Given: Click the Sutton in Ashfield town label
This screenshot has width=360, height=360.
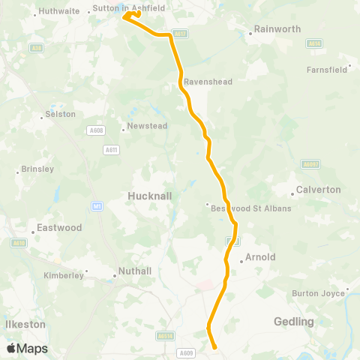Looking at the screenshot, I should pyautogui.click(x=127, y=9).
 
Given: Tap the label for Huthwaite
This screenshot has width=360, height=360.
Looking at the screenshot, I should pyautogui.click(x=61, y=11).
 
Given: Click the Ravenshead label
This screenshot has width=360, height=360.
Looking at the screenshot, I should pyautogui.click(x=208, y=82).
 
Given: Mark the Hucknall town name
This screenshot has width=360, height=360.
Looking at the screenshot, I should pyautogui.click(x=150, y=195).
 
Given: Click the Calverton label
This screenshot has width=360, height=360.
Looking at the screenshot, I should pyautogui.click(x=319, y=190).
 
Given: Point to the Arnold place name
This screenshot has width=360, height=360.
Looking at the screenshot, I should pyautogui.click(x=261, y=257).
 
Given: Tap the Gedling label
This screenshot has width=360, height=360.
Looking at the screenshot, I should pyautogui.click(x=295, y=322).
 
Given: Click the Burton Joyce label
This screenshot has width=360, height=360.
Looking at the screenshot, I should pyautogui.click(x=318, y=293).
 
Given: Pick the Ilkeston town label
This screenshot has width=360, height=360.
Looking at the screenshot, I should pyautogui.click(x=25, y=325).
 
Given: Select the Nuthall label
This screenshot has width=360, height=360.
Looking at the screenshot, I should pyautogui.click(x=135, y=271).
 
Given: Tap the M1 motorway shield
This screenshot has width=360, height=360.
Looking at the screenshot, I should pyautogui.click(x=97, y=205).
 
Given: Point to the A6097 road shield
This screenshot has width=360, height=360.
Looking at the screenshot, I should pyautogui.click(x=310, y=163).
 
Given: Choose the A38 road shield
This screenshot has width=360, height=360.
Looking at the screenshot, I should pyautogui.click(x=36, y=48).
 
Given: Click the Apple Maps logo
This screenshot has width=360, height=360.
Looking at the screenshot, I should pyautogui.click(x=27, y=349).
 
